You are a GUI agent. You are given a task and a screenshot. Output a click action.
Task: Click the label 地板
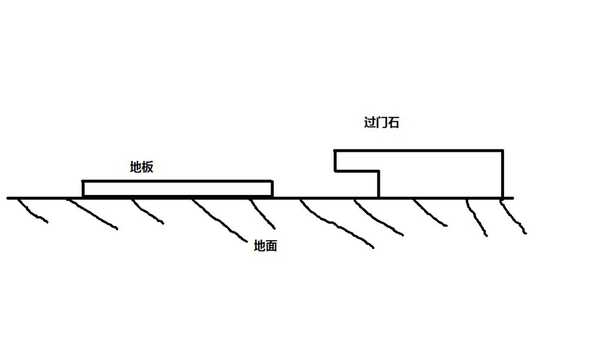pos(142,167)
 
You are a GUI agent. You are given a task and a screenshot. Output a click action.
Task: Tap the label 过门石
pos(382,122)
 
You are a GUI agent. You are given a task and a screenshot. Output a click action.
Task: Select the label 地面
pos(266,246)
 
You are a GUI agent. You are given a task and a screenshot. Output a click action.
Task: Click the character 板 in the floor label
pos(148,167)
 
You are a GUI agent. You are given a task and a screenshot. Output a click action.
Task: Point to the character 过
pos(370,122)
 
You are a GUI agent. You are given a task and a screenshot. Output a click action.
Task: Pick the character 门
pos(382,122)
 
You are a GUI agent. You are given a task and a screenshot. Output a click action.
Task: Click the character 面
pos(271,246)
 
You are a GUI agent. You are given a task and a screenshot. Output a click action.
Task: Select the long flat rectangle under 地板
pos(178,188)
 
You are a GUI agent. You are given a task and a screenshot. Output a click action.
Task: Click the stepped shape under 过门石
pos(441,174)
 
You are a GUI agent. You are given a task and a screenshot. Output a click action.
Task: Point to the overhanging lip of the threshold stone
pos(357,161)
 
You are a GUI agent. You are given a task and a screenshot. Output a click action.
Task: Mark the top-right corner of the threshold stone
pos(502,151)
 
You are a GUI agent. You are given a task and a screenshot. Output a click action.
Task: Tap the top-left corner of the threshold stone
pos(335,151)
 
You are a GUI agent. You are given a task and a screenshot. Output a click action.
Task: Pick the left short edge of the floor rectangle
pos(83,188)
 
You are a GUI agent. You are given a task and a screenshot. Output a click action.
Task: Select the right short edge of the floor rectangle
pos(272,188)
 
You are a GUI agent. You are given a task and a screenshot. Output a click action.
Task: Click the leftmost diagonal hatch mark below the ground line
pos(33,211)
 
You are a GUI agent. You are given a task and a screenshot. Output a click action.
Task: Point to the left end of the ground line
pos(8,197)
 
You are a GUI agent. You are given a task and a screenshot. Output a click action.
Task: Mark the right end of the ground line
pos(513,197)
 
